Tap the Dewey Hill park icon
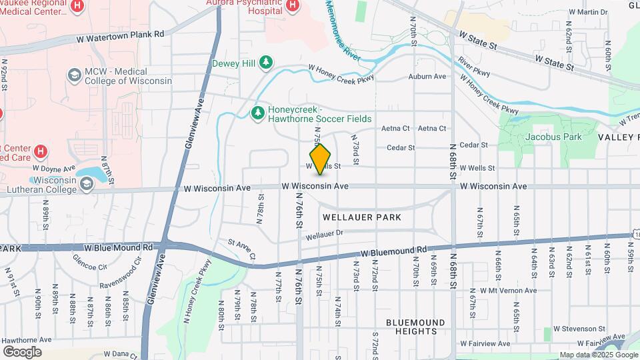click(x=267, y=63)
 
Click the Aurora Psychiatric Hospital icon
click(x=291, y=6)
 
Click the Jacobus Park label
click(x=553, y=137)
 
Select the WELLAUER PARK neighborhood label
click(x=362, y=217)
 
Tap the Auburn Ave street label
click(x=427, y=77)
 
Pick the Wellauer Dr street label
click(x=324, y=235)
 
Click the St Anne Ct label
click(x=241, y=249)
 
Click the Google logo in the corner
click(x=22, y=351)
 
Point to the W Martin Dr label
click(x=587, y=12)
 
